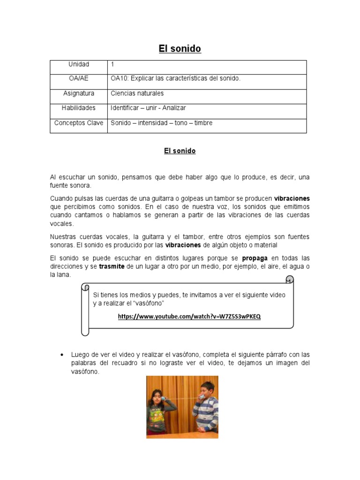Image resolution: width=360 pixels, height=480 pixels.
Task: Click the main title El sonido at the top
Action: click(x=180, y=49)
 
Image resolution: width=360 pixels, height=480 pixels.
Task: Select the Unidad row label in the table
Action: click(x=79, y=64)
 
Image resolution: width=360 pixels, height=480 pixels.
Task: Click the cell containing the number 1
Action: click(x=112, y=64)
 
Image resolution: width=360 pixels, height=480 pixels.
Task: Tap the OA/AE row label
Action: click(x=79, y=79)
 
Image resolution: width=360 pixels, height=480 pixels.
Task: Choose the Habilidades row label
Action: click(x=79, y=108)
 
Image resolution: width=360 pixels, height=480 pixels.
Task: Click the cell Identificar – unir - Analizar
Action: click(x=148, y=108)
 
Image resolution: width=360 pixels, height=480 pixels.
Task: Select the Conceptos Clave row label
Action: click(x=79, y=123)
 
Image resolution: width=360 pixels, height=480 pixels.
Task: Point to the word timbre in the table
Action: click(x=203, y=123)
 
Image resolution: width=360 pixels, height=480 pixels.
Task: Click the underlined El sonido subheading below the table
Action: click(x=180, y=151)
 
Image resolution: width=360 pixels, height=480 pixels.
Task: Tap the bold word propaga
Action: click(x=255, y=258)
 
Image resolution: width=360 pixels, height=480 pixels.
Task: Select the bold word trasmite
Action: click(x=112, y=266)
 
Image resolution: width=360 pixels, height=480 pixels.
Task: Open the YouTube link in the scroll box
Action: click(x=189, y=316)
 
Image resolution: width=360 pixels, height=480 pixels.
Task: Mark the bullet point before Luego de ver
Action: click(x=62, y=354)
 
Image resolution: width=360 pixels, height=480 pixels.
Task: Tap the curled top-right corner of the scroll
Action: click(x=290, y=280)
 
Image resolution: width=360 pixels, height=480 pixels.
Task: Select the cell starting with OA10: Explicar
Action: click(x=175, y=79)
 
